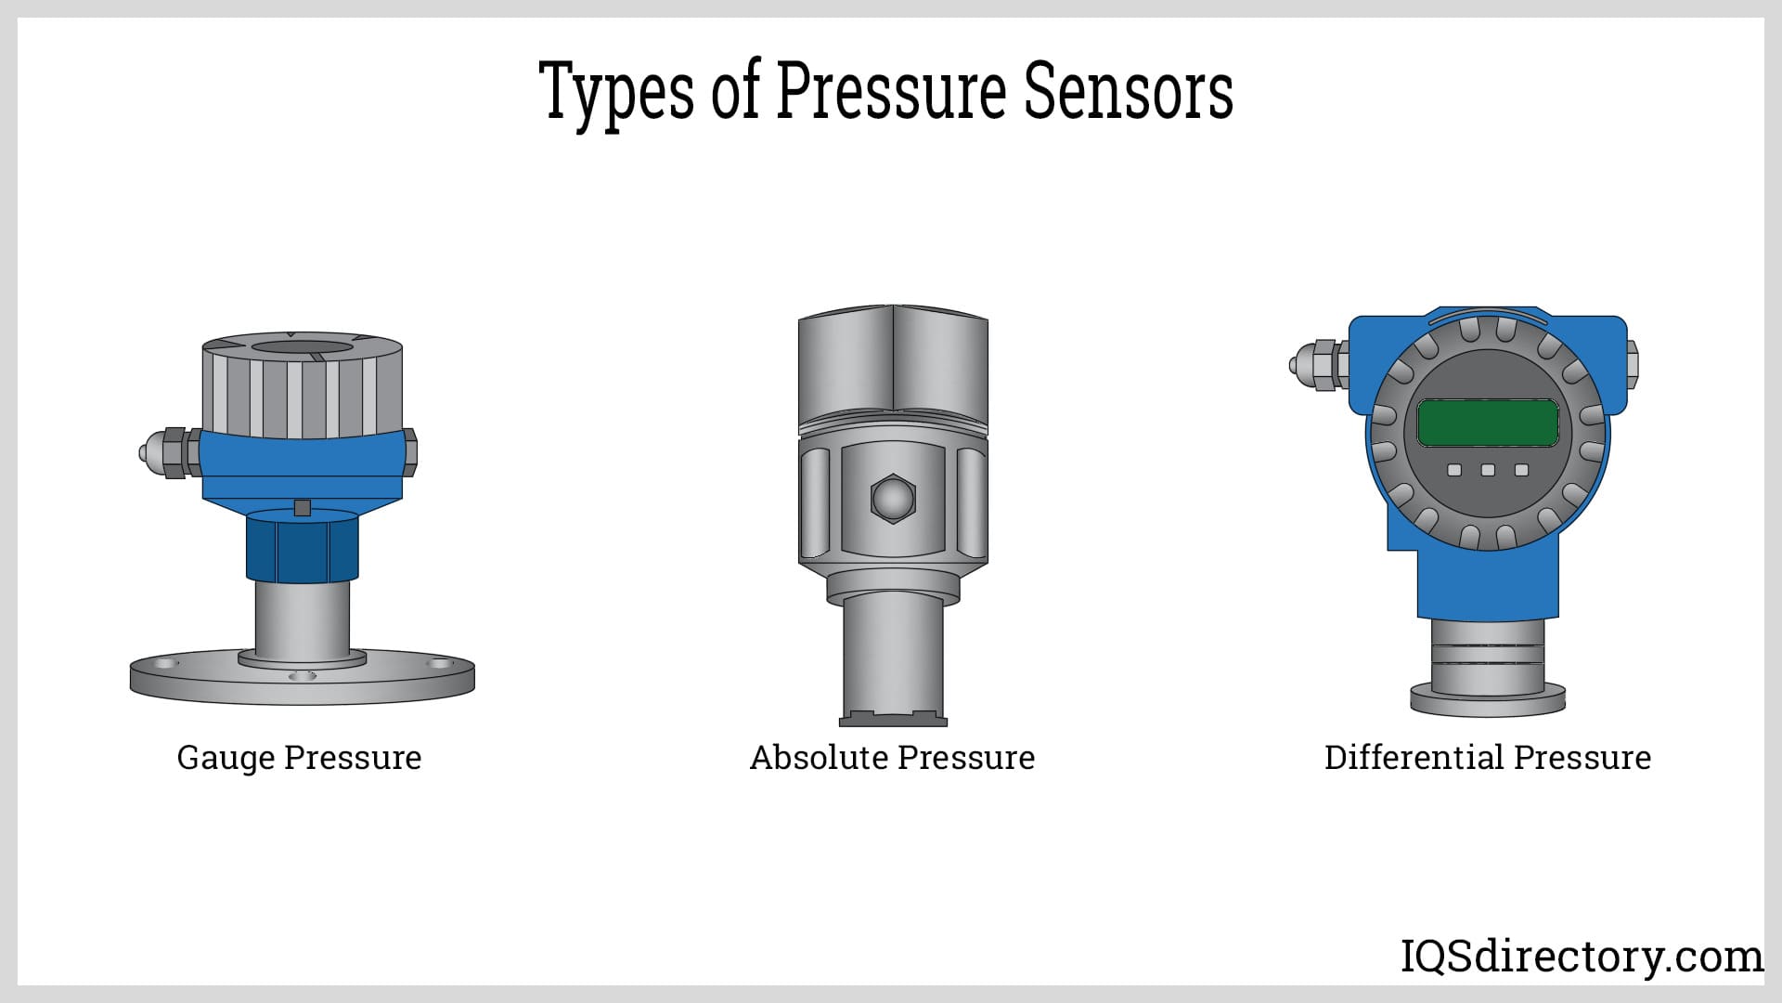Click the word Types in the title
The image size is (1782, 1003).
coord(617,92)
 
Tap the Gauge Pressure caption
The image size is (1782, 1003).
coord(299,758)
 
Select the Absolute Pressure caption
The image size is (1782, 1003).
coord(892,758)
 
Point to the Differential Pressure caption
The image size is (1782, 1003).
coord(1488,758)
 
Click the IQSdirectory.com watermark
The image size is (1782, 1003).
coord(1582,957)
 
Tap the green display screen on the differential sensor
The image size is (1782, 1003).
coord(1488,423)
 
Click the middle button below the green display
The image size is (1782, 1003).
coord(1488,470)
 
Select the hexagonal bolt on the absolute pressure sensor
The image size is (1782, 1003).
coord(893,499)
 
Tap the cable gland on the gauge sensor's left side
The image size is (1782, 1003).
coord(169,452)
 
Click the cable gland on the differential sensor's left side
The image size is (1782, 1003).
coord(1319,364)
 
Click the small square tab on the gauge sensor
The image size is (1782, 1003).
coord(302,507)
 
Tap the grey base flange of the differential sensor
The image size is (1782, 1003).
coord(1488,698)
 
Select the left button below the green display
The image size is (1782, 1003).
coord(1454,470)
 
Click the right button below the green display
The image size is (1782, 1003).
coord(1521,470)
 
